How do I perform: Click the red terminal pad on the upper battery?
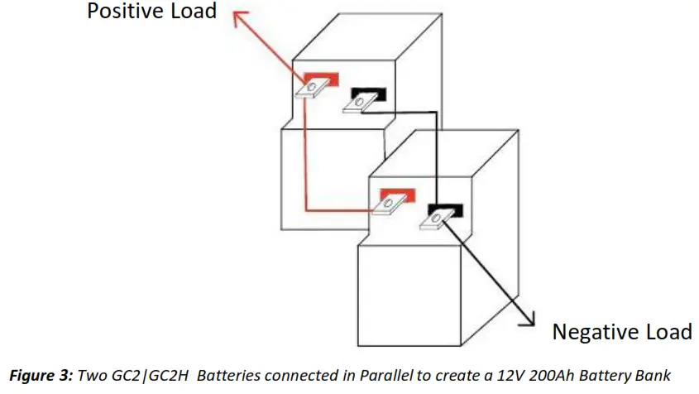click(x=323, y=79)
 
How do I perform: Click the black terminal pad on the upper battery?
click(x=365, y=93)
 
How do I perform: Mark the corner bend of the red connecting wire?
click(x=306, y=209)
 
